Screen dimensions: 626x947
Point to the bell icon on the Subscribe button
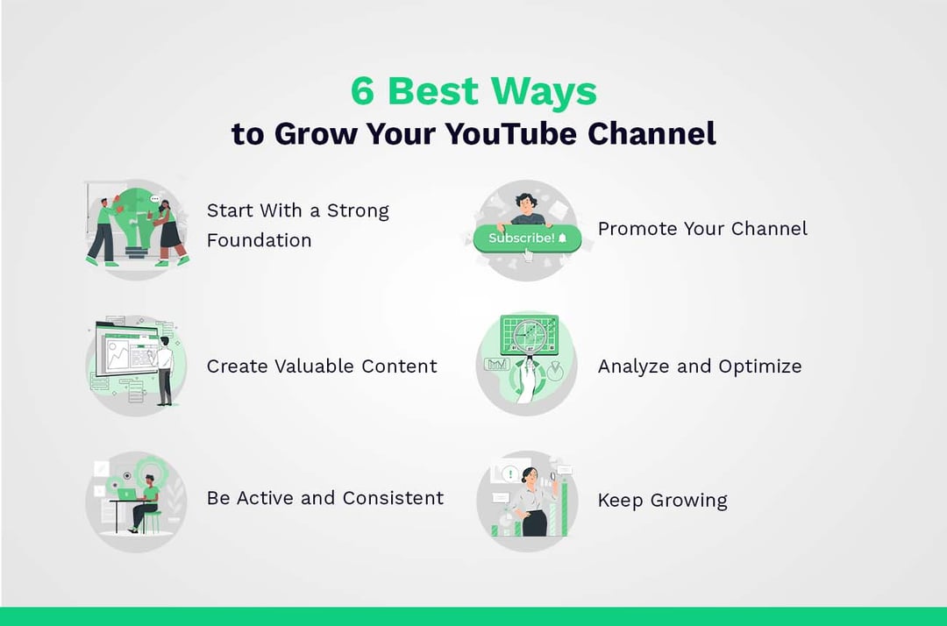point(562,238)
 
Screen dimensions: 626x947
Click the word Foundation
point(259,240)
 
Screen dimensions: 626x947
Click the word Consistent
point(393,498)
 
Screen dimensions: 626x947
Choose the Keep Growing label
point(662,501)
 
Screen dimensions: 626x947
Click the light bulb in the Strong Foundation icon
point(136,215)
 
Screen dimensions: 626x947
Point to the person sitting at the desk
point(146,500)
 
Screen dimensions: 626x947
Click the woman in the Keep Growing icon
point(532,500)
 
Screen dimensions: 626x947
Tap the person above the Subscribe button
point(527,210)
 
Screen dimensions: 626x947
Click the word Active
point(265,498)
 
